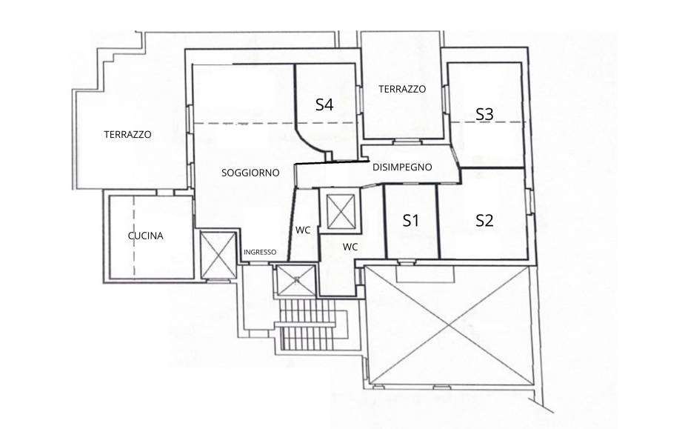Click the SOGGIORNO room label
click(x=250, y=173)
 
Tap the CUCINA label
click(x=145, y=236)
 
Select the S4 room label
click(x=324, y=104)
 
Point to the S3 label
click(x=484, y=114)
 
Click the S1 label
click(x=411, y=220)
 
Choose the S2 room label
click(x=484, y=220)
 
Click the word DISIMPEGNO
click(x=402, y=167)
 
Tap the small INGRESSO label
click(x=260, y=252)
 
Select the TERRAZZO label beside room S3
click(x=402, y=89)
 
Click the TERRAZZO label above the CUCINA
click(x=127, y=134)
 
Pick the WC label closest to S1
click(x=350, y=247)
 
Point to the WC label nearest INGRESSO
click(x=303, y=230)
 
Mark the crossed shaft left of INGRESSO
click(x=218, y=255)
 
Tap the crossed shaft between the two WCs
click(x=341, y=211)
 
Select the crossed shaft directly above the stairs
click(x=297, y=280)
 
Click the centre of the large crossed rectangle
click(x=449, y=326)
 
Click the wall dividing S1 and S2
click(x=438, y=222)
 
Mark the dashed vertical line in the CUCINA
click(x=134, y=236)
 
